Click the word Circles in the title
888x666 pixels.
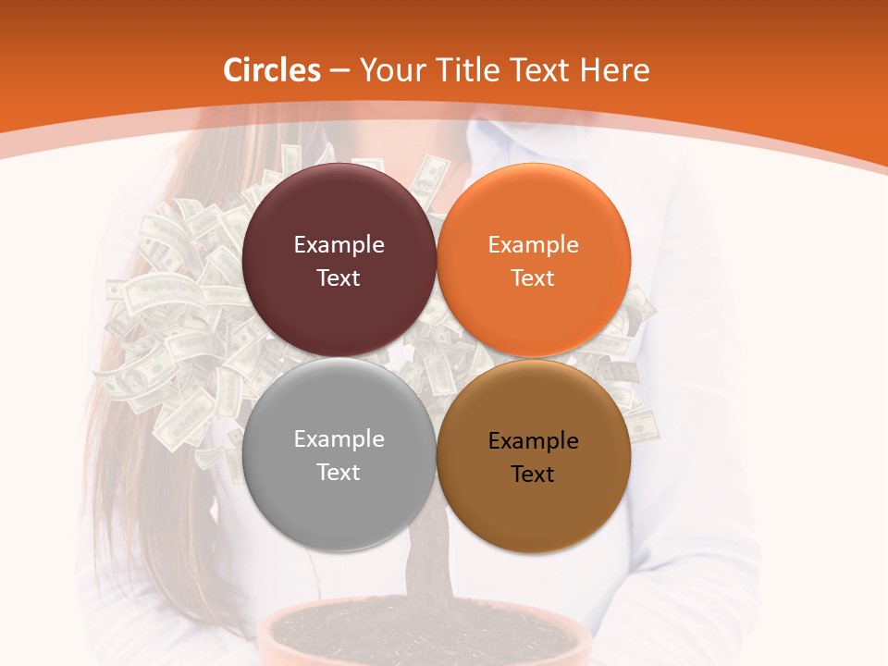pyautogui.click(x=272, y=70)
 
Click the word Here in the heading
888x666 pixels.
pyautogui.click(x=615, y=70)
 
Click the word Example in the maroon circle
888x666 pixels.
pyautogui.click(x=339, y=244)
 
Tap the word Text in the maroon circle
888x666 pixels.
pyautogui.click(x=339, y=277)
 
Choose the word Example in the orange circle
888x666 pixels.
pyautogui.click(x=533, y=244)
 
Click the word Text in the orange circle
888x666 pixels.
pyautogui.click(x=533, y=277)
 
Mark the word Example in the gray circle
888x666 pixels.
pyautogui.click(x=339, y=438)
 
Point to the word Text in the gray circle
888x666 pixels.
pyautogui.click(x=339, y=472)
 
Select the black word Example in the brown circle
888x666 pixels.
pyautogui.click(x=533, y=440)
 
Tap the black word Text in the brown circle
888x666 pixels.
pyautogui.click(x=533, y=474)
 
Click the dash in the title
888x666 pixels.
pyautogui.click(x=339, y=71)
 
